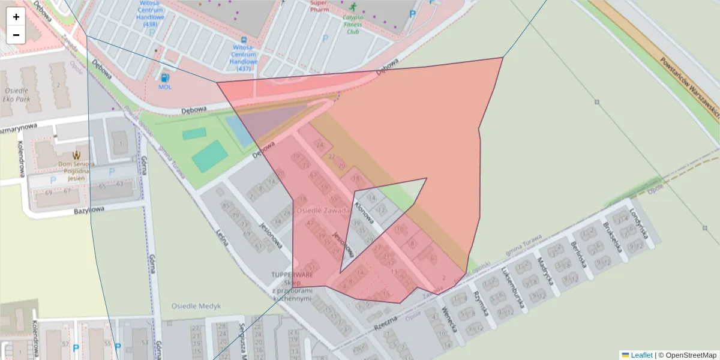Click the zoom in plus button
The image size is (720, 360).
click(16, 17)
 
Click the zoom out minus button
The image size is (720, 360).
click(16, 35)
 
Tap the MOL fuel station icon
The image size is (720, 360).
click(164, 77)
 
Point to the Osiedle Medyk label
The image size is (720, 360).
click(196, 306)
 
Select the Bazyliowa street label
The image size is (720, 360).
click(89, 211)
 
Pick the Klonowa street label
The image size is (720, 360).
click(364, 211)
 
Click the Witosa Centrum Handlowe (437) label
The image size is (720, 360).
click(244, 58)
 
